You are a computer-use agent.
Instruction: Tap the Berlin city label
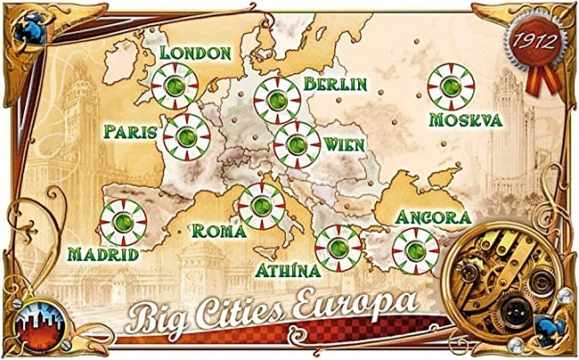point(335,84)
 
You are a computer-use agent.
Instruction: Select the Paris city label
point(130,132)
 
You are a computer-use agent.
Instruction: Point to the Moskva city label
point(465,119)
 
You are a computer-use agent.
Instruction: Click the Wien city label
point(344,143)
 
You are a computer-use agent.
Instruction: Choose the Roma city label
point(218,231)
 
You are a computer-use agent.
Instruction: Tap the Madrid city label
point(103,254)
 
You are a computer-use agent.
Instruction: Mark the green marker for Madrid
point(121,222)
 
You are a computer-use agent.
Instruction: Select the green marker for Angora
point(415,249)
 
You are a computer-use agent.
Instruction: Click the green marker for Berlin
point(276,98)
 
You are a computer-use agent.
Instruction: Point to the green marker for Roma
point(260,206)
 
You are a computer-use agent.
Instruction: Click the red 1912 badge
point(530,41)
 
